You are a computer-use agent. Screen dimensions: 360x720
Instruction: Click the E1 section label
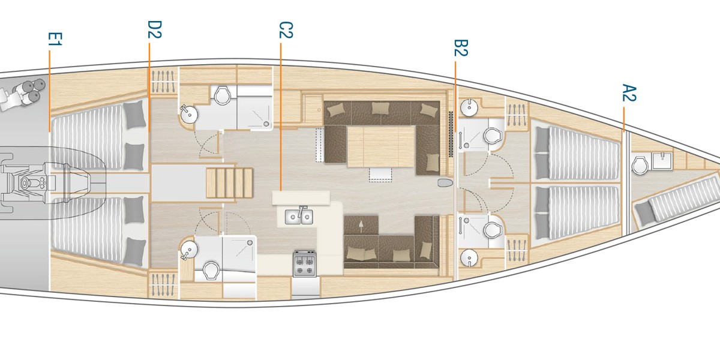point(55,40)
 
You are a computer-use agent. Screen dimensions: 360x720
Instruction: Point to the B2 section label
point(460,48)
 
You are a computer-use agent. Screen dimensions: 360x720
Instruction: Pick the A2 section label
point(628,94)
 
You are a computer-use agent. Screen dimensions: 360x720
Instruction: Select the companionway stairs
point(229,182)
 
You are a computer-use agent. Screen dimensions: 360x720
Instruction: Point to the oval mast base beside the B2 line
point(445,182)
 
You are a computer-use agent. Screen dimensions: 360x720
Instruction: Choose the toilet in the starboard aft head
point(211,271)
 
